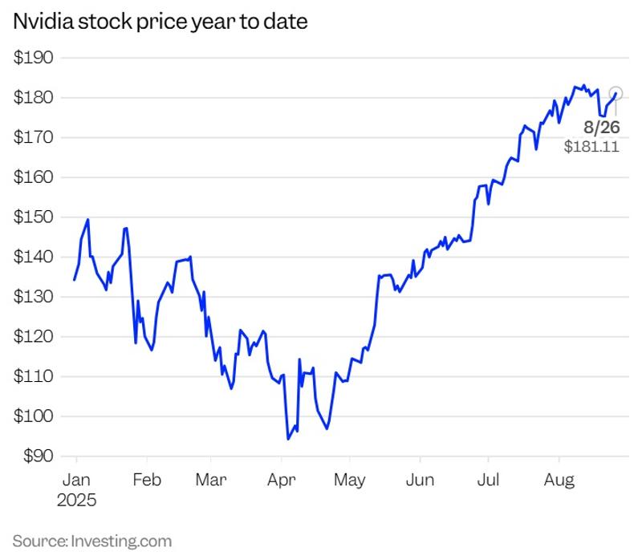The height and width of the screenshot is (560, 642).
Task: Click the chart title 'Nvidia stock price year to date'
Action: (160, 22)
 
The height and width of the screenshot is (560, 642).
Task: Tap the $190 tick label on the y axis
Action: (34, 58)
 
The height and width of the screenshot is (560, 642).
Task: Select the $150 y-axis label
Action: (34, 217)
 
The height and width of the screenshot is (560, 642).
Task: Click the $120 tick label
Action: (34, 337)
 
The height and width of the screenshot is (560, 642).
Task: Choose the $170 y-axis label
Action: (34, 137)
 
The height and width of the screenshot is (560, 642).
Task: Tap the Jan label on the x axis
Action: (75, 480)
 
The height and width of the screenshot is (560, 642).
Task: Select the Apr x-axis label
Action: (281, 480)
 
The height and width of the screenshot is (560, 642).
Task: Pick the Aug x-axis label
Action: (559, 480)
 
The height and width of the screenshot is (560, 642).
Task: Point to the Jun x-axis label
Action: (420, 480)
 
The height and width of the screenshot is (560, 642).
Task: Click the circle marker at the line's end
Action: (616, 93)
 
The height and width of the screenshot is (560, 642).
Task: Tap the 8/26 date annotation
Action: (601, 127)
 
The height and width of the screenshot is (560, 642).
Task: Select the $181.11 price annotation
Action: (591, 147)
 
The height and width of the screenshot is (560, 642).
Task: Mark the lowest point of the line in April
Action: (288, 439)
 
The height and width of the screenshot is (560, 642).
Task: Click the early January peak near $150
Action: (87, 219)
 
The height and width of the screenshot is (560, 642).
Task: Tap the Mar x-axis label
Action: (210, 480)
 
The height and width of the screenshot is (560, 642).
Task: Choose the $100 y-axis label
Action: (34, 416)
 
